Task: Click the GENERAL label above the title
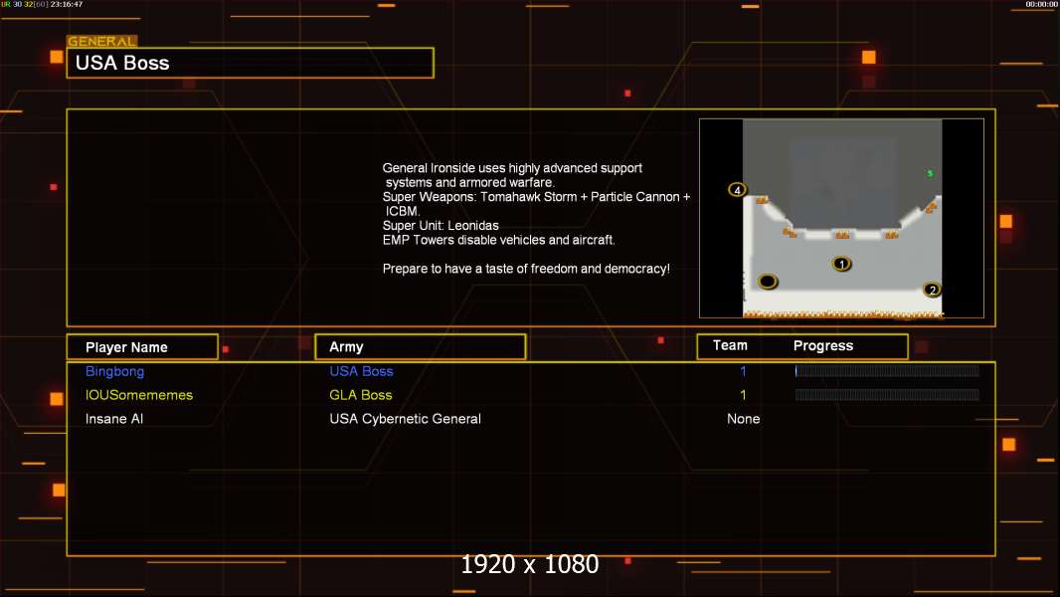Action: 101,41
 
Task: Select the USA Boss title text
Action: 122,63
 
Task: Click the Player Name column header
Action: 126,347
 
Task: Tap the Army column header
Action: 346,347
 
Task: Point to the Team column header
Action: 730,345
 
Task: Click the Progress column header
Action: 822,346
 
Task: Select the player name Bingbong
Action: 114,371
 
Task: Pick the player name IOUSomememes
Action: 138,395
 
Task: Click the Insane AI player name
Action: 114,419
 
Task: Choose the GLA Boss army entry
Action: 360,395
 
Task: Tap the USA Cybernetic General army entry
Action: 405,419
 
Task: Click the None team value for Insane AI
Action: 743,419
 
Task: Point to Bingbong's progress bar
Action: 887,370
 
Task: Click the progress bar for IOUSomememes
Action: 887,394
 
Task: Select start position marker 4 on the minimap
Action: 737,190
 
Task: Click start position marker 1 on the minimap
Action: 841,264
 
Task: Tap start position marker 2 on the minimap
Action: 933,291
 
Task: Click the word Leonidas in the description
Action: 473,226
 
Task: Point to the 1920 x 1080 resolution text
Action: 529,564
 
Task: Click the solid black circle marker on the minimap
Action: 768,281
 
